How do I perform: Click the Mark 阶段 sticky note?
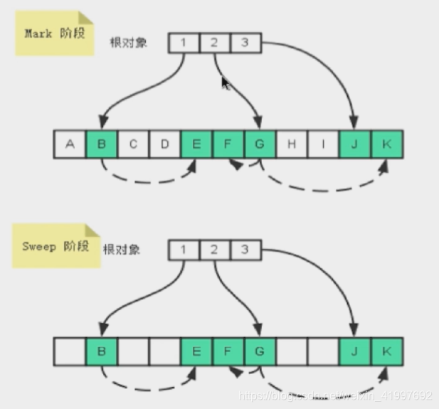click(x=54, y=33)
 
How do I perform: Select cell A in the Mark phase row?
click(x=70, y=144)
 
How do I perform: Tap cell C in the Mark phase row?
click(x=133, y=144)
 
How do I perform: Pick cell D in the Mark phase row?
click(x=165, y=144)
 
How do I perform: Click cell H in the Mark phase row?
click(x=292, y=144)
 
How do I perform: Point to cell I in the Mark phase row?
click(x=324, y=144)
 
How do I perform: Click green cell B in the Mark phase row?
click(x=102, y=144)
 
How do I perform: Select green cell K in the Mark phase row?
click(x=387, y=144)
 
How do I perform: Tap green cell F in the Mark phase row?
click(x=228, y=144)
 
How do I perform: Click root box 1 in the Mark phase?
click(x=184, y=43)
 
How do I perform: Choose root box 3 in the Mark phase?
click(x=245, y=43)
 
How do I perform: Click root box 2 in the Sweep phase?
click(x=214, y=250)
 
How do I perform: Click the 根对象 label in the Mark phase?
click(x=129, y=43)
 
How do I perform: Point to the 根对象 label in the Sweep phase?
click(x=122, y=250)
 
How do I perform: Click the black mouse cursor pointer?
click(x=226, y=83)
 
